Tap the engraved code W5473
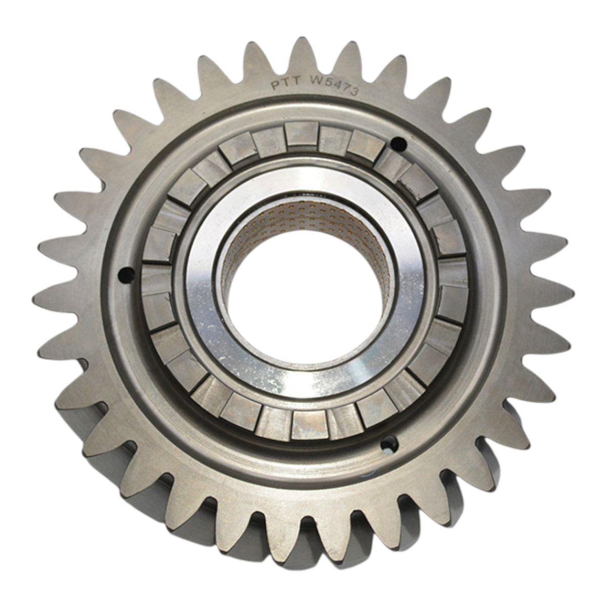point(334,85)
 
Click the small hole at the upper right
point(399,145)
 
